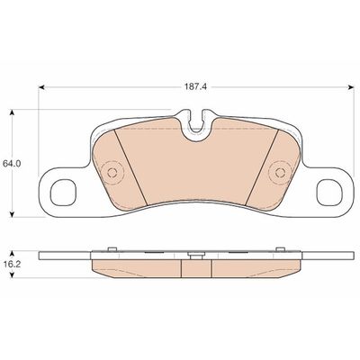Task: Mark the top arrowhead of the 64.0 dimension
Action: (11, 112)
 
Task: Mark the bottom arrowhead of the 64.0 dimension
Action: (11, 213)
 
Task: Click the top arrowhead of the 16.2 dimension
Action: (11, 252)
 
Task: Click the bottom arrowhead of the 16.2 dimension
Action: (11, 281)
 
